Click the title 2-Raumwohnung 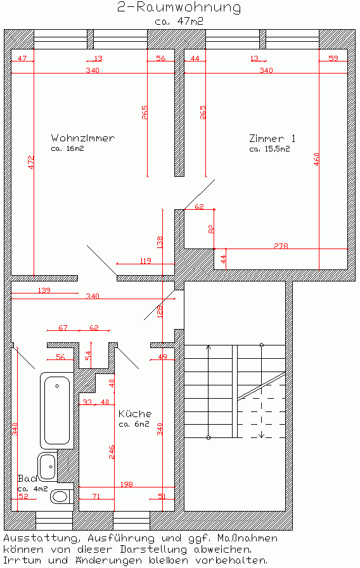[x=179, y=8]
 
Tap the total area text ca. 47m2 [x=179, y=21]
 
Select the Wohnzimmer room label [x=82, y=138]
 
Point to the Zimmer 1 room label [x=273, y=138]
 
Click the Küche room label [x=135, y=413]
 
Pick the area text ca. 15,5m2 [x=269, y=150]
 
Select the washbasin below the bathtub [x=48, y=467]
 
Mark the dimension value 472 [x=30, y=162]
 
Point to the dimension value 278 [x=282, y=245]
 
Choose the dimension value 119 [x=145, y=261]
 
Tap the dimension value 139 [x=44, y=290]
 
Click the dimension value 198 [x=127, y=484]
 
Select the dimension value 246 [x=112, y=452]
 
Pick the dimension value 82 [x=212, y=229]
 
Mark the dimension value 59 [x=333, y=58]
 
